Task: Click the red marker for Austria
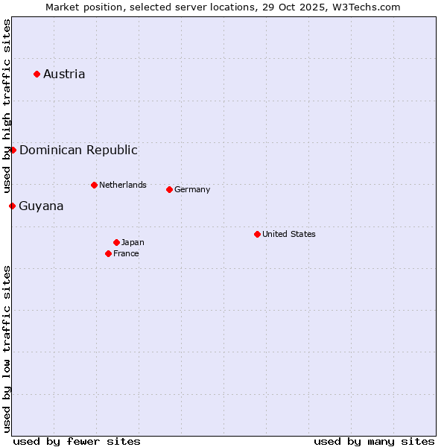click(37, 74)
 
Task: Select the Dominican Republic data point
click(13, 150)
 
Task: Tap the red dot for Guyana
click(12, 206)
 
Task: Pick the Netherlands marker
click(94, 185)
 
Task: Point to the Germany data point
click(169, 189)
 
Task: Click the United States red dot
click(257, 234)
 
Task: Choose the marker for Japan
click(116, 242)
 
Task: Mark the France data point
click(108, 253)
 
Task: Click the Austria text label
click(64, 74)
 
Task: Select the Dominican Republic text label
click(78, 150)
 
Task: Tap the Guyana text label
click(41, 206)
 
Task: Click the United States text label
click(289, 234)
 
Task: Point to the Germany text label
click(192, 189)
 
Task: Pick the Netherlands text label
click(123, 185)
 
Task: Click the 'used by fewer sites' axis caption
click(77, 441)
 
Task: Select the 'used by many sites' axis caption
click(374, 441)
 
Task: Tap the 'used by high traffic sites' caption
click(7, 106)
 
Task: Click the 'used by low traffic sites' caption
click(7, 349)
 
